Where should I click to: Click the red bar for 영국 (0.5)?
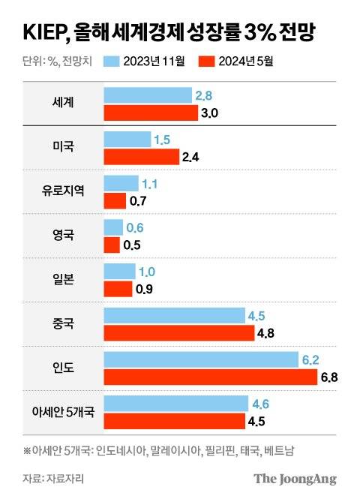[x=112, y=245]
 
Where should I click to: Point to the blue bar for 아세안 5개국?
[x=175, y=403]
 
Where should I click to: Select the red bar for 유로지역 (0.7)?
[x=115, y=201]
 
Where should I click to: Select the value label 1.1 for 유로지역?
[x=151, y=183]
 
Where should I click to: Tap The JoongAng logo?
[x=294, y=479]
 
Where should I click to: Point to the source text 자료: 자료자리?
[x=53, y=478]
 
